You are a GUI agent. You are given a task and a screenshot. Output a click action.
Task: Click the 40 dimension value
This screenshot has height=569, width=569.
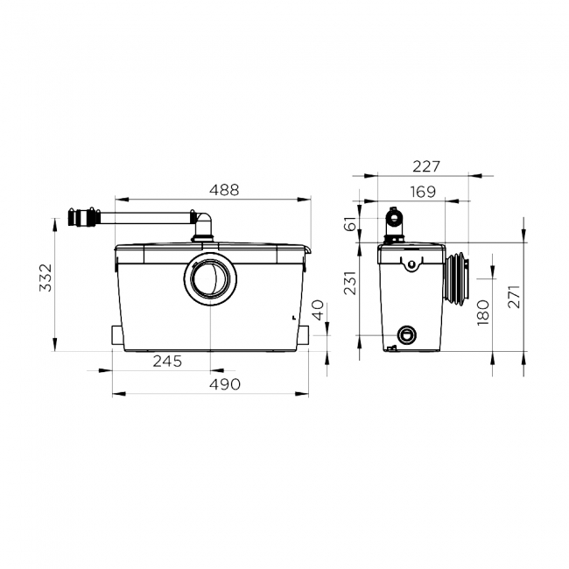tap(319, 309)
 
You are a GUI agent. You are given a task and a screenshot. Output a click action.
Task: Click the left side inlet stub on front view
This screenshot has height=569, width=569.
tap(118, 335)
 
